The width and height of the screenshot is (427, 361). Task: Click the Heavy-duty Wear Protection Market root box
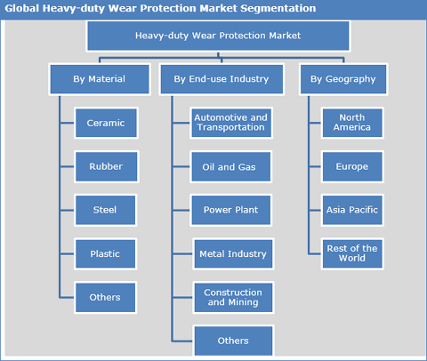tap(218, 36)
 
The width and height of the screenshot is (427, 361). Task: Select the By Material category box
tap(100, 79)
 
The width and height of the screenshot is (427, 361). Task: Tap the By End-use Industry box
tap(222, 79)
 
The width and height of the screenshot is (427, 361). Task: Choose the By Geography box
tap(343, 79)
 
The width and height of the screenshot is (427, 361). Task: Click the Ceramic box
tap(106, 123)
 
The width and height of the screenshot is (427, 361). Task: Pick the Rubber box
tap(106, 166)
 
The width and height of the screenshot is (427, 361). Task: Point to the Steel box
tap(105, 210)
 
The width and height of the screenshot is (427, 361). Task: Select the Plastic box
tap(105, 254)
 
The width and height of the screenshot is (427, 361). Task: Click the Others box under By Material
tap(105, 297)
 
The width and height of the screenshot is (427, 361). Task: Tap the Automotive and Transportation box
tap(231, 123)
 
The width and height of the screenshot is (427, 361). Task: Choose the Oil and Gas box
tap(231, 166)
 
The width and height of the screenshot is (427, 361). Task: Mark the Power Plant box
tap(231, 210)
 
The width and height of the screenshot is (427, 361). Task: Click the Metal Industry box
tap(233, 254)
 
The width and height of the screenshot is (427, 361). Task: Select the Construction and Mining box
tap(233, 297)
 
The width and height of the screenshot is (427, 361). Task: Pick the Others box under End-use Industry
tap(233, 341)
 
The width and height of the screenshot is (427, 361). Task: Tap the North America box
tap(352, 123)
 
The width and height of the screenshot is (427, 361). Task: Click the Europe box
tap(352, 166)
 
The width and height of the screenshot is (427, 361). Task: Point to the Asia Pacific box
tap(352, 210)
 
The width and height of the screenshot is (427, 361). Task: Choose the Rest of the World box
tap(352, 254)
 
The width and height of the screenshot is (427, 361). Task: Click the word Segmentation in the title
tap(278, 9)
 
